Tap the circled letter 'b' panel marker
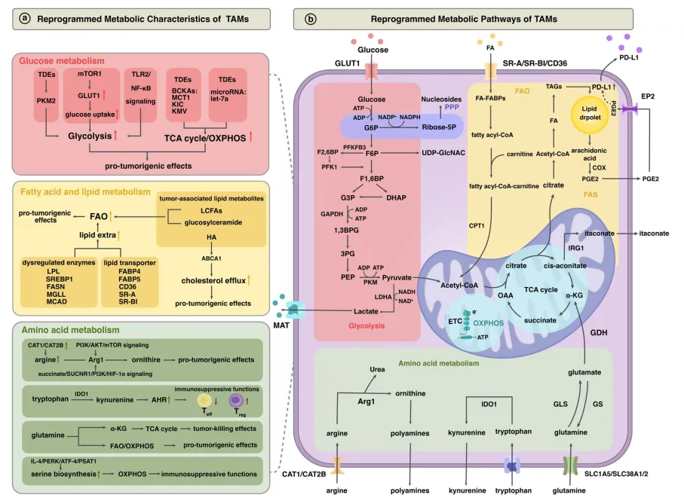coord(311,18)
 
